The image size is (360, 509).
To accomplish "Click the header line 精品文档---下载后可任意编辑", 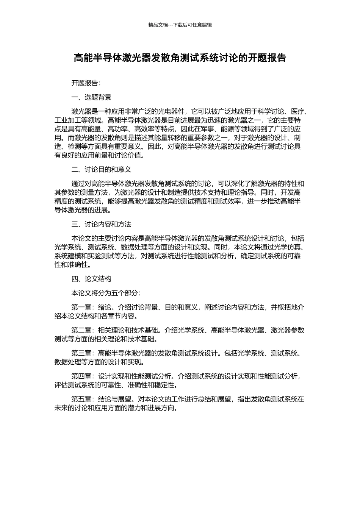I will coord(180,25).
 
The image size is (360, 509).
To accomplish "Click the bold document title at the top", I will coord(180,58).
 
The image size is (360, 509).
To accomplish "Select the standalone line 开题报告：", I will coord(86,83).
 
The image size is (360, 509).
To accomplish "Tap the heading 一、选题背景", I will coord(91,97).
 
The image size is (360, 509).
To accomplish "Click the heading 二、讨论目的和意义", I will coord(101,169).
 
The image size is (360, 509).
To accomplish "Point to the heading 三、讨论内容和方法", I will coord(101,224).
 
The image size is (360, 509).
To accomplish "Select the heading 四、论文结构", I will coord(91,279).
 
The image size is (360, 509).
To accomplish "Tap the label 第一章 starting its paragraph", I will coord(81,307).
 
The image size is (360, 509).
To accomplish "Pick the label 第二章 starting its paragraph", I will coord(81,330).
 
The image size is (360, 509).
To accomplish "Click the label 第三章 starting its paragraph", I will coord(81,353).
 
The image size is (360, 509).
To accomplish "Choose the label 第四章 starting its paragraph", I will coord(81,376).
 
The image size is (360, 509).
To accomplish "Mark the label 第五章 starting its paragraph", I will coord(81,399).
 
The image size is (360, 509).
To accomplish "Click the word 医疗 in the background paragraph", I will coord(297,112).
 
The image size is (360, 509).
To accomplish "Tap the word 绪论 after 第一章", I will coord(105,307).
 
